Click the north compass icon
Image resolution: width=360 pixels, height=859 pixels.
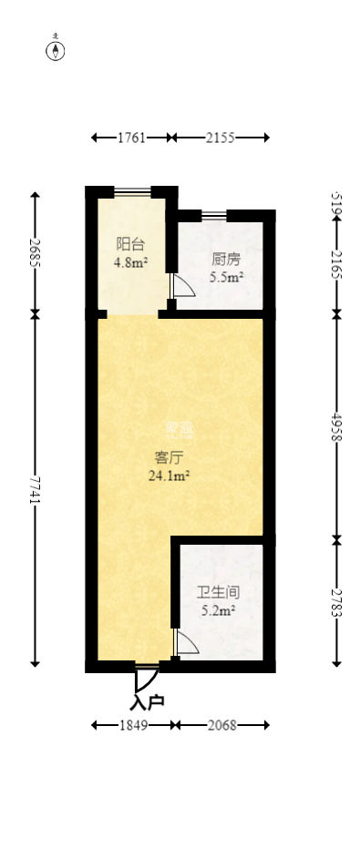(57, 49)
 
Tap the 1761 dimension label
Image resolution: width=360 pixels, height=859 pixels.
(131, 138)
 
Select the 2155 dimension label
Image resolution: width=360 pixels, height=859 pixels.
(220, 138)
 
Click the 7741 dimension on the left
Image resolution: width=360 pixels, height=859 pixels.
(36, 489)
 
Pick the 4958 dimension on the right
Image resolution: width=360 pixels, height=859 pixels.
(336, 425)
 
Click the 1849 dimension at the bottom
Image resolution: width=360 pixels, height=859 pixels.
(133, 725)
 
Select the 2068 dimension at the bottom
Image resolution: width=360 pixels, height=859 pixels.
(221, 725)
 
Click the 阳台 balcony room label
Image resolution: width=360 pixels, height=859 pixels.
(128, 244)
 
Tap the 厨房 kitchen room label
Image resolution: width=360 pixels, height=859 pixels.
(226, 257)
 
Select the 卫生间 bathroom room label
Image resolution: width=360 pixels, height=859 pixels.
(219, 592)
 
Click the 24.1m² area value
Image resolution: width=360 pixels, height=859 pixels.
(168, 475)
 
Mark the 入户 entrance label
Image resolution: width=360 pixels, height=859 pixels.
(146, 702)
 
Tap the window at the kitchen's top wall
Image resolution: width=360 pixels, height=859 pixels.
(214, 215)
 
